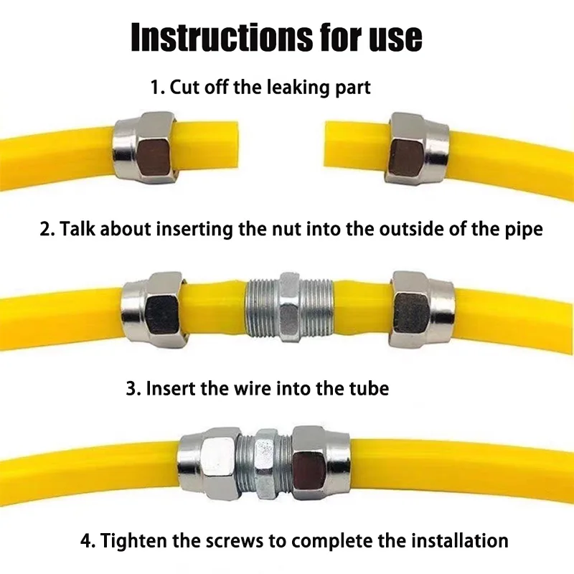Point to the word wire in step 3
[x=257, y=388]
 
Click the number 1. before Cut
[x=157, y=88]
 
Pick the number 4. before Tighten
[x=90, y=540]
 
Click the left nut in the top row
[x=146, y=147]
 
